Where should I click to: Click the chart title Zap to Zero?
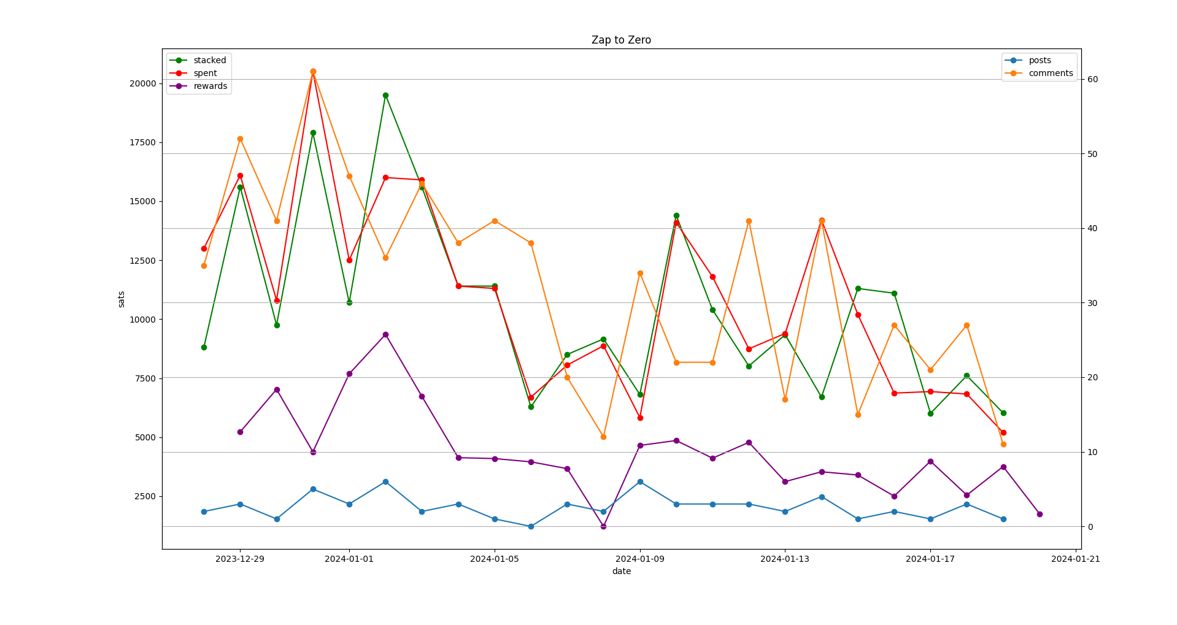pos(621,40)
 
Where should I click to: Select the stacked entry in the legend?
pos(209,60)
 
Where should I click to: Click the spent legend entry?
pos(205,73)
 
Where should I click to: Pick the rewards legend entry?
pos(210,86)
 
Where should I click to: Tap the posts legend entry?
pos(1040,60)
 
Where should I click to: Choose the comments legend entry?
pos(1051,73)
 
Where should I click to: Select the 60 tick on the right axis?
pos(1092,80)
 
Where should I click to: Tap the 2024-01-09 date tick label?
pos(640,559)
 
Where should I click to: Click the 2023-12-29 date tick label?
pos(240,559)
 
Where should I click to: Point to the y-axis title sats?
pos(122,299)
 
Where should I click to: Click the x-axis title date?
pos(621,571)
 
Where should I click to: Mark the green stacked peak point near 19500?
pos(385,95)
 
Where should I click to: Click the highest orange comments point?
pos(313,71)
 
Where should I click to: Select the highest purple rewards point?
pos(385,334)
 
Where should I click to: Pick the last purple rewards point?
pos(1040,514)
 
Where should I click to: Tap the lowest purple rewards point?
pos(603,526)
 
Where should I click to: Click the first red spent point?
pos(204,248)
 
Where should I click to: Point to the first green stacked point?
pos(204,347)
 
